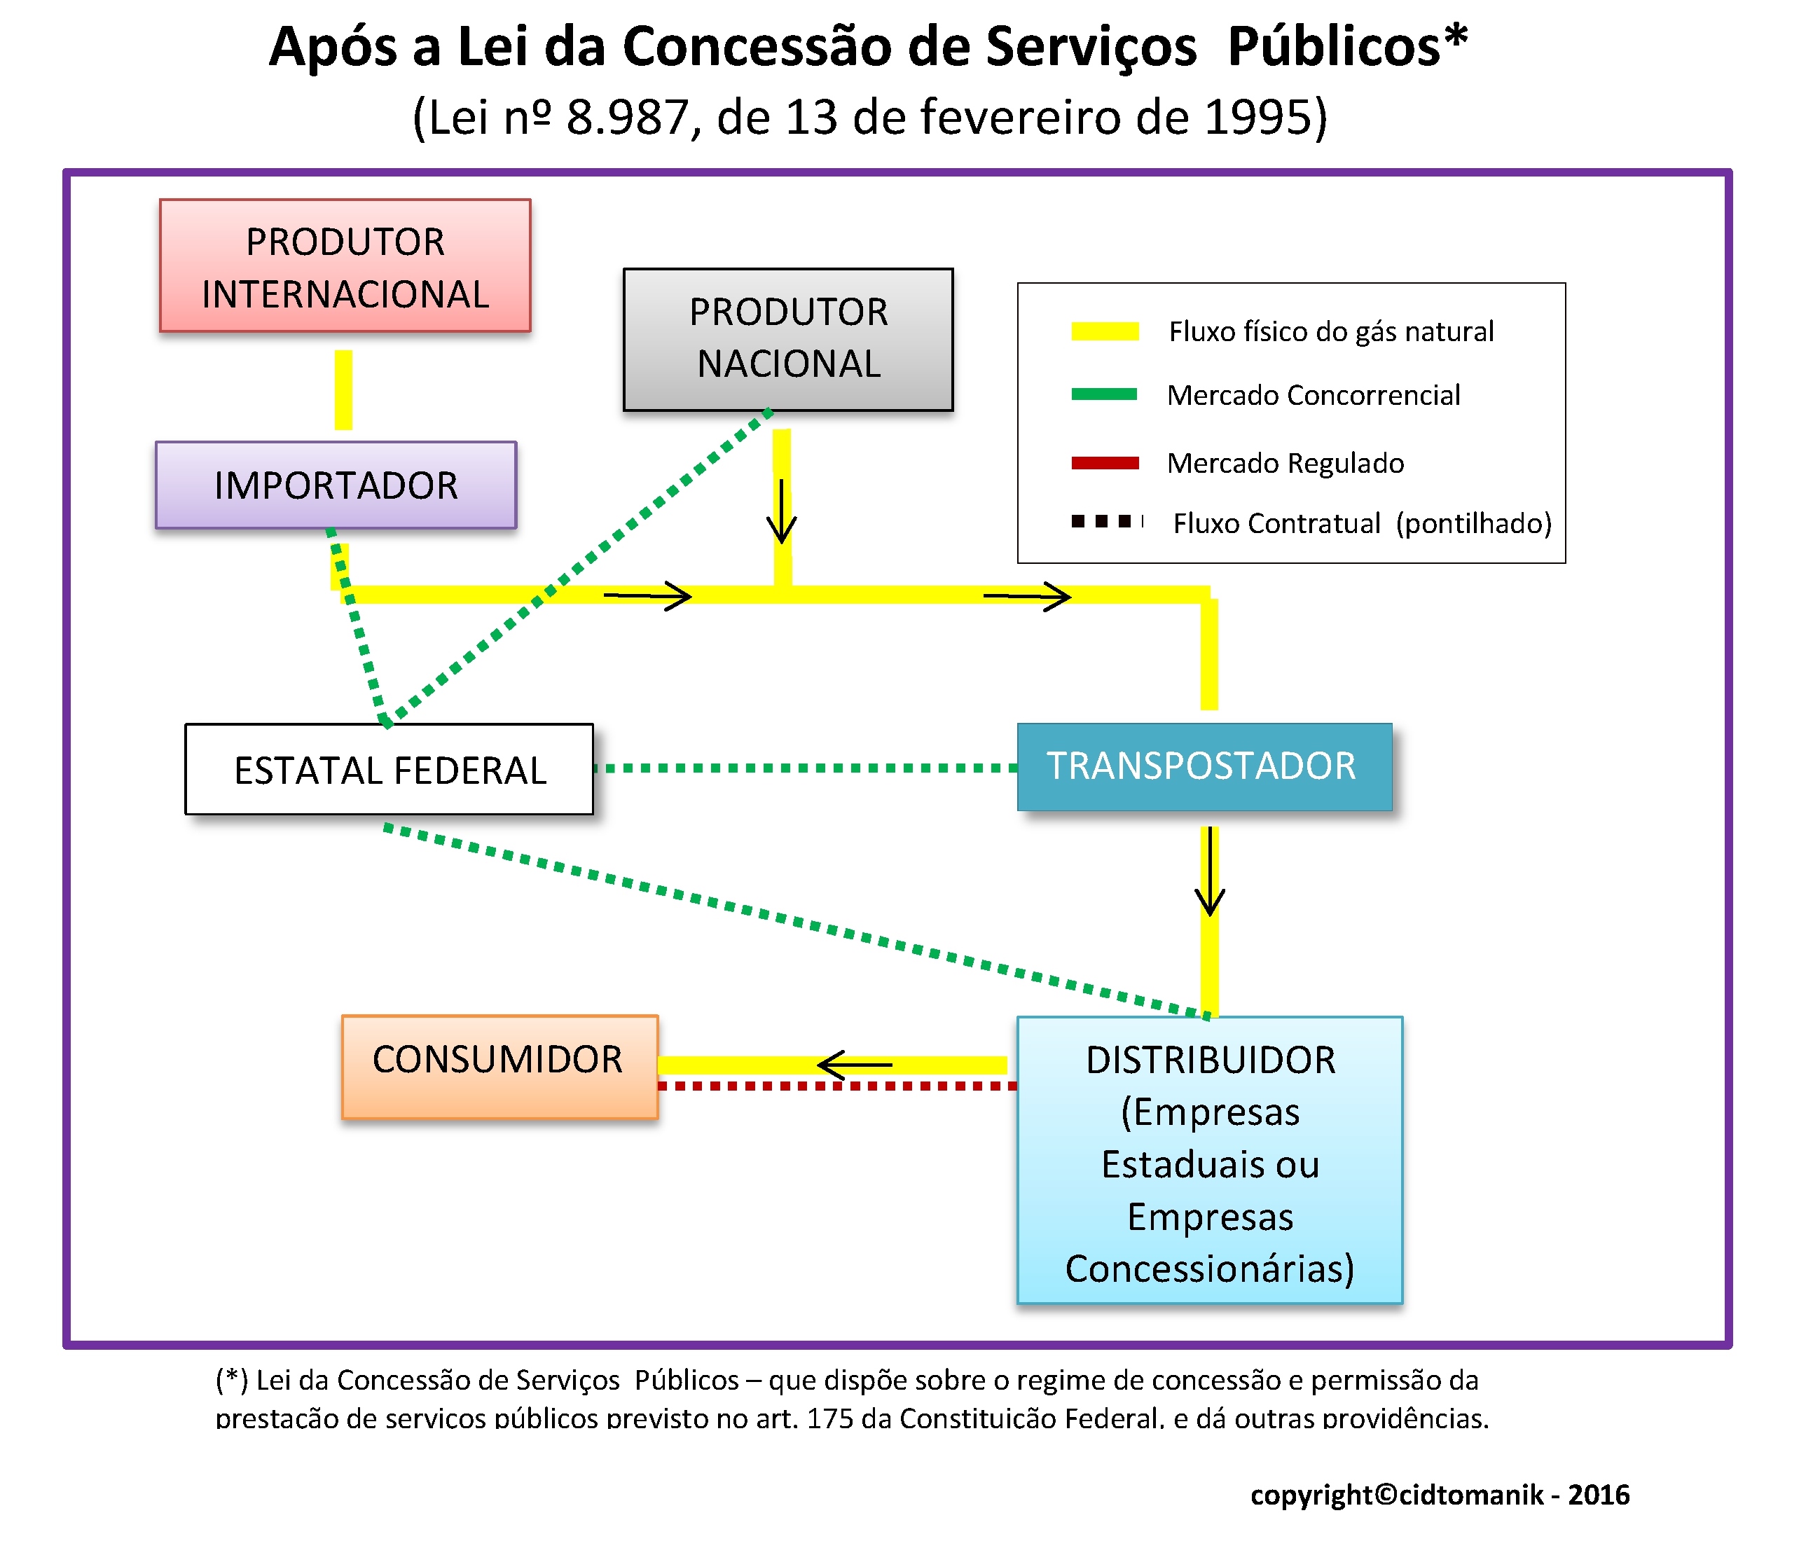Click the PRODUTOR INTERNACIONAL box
pos(345,265)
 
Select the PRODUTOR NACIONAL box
pos(788,339)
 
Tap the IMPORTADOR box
pos(336,485)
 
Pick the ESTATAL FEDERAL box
pos(389,769)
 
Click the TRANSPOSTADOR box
pos(1205,766)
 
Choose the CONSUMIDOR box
pos(499,1066)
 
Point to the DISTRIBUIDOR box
pos(1210,1160)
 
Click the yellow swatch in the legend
pos(1105,331)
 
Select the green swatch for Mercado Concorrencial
pos(1105,394)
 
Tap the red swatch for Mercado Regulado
pos(1105,463)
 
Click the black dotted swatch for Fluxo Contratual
pos(1107,522)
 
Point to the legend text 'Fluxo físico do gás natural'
pos(1332,332)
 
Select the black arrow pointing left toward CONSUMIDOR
pos(855,1065)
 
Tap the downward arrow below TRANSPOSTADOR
pos(1210,871)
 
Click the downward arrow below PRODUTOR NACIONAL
pos(781,511)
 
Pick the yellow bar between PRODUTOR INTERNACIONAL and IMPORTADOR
pos(343,389)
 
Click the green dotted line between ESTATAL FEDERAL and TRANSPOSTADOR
pos(806,768)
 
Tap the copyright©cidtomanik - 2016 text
pos(1440,1495)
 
